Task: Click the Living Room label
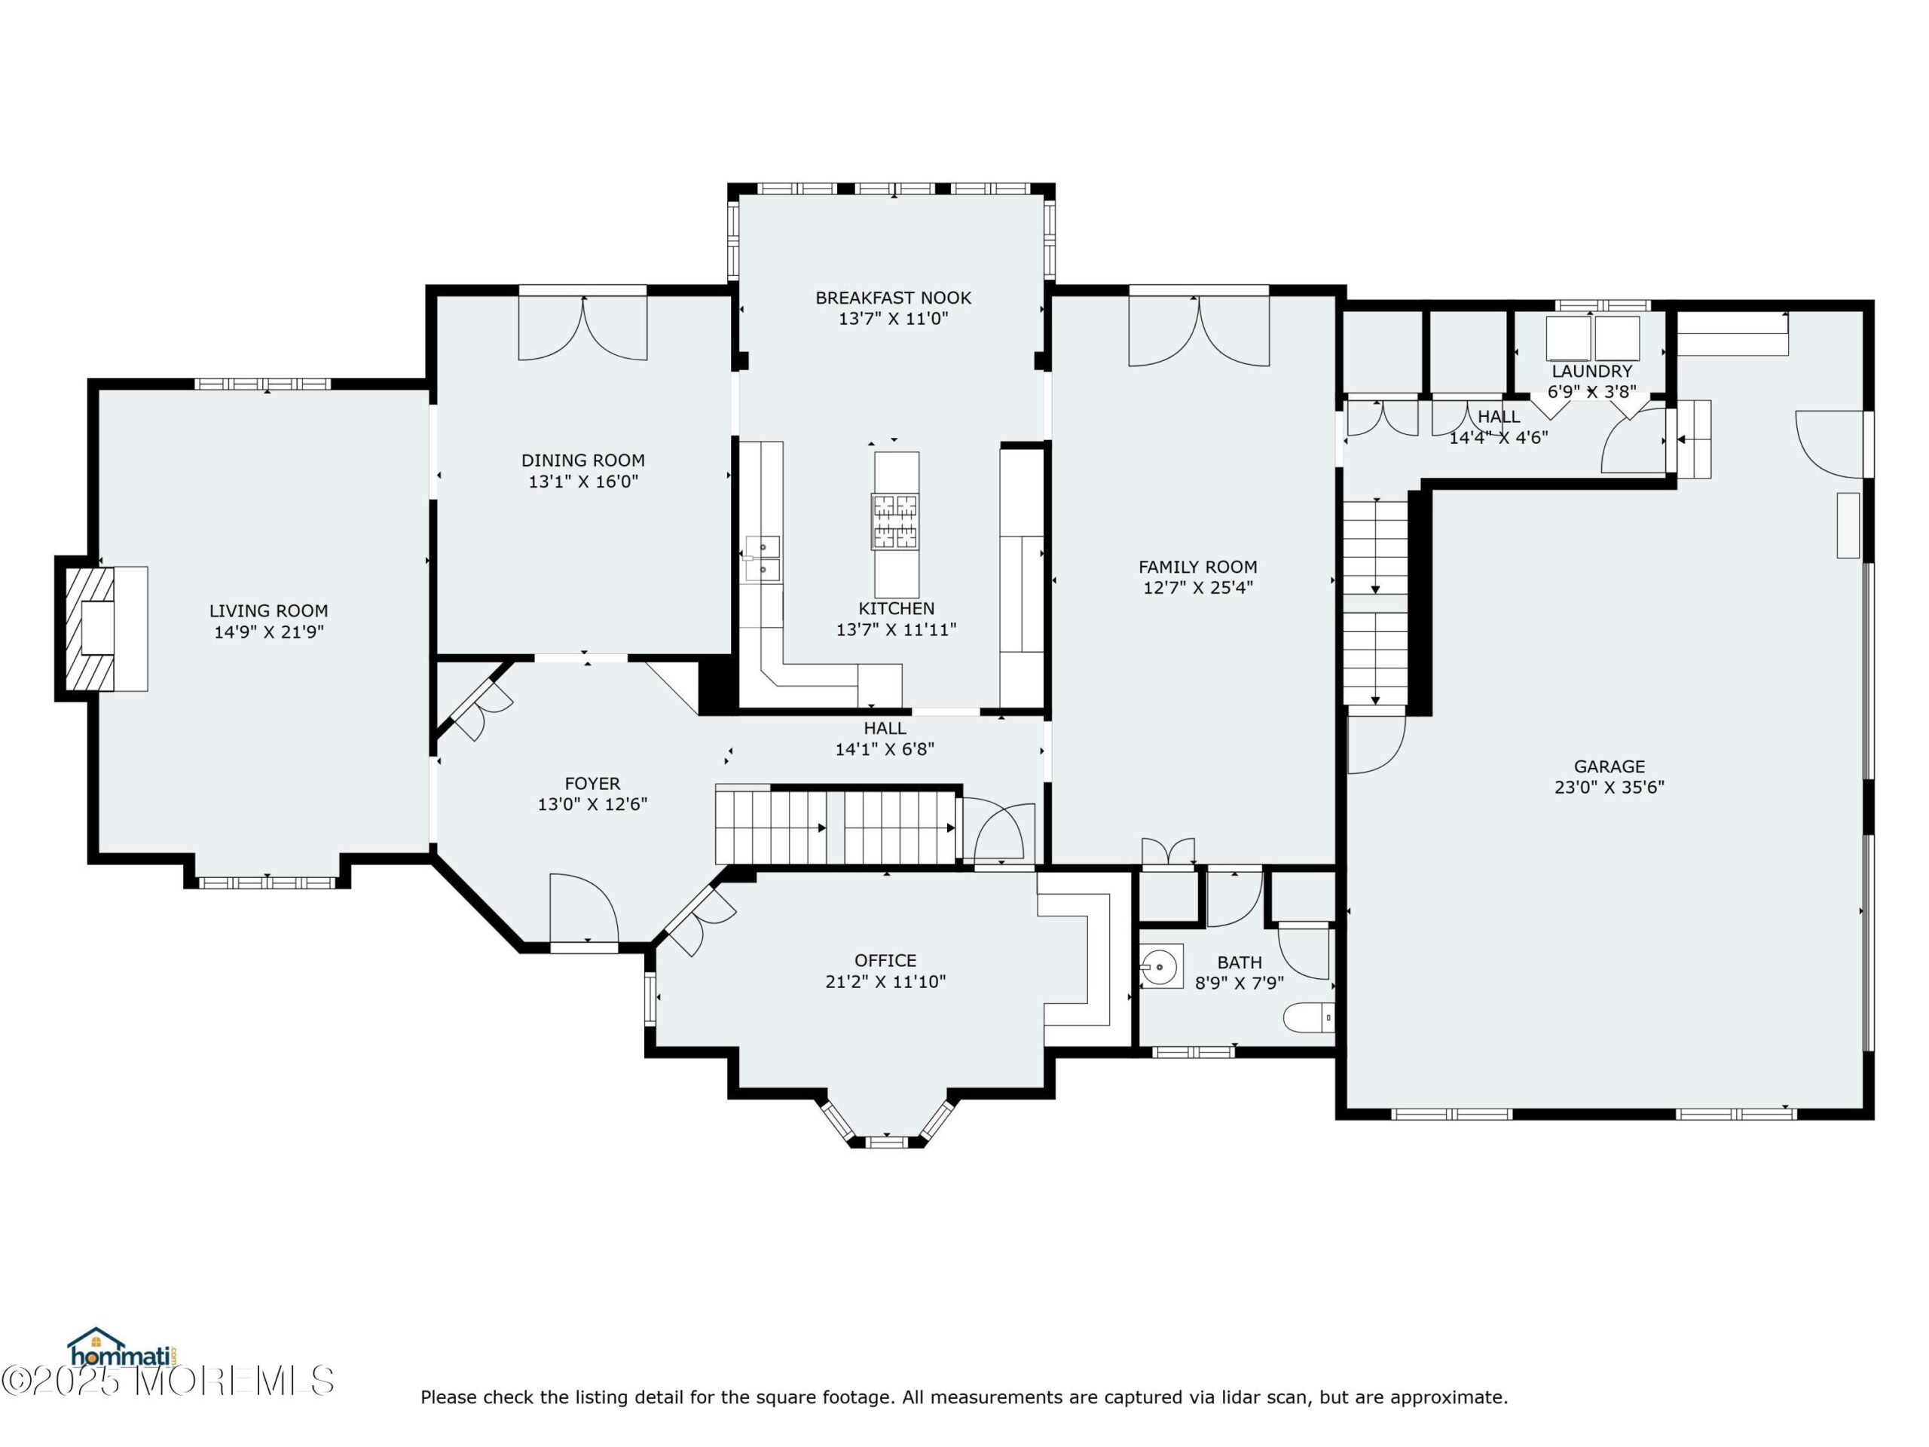coord(268,610)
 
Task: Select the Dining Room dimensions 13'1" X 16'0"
coord(583,482)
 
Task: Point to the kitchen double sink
coord(763,558)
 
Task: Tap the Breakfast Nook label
coord(893,298)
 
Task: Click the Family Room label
coord(1197,566)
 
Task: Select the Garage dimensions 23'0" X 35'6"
coord(1609,788)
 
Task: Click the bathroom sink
coord(1160,966)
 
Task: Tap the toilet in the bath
coord(1308,1017)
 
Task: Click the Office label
coord(885,960)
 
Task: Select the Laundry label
coord(1591,372)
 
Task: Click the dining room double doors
coord(583,328)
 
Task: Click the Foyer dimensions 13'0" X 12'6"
coord(592,804)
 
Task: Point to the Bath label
coord(1240,962)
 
